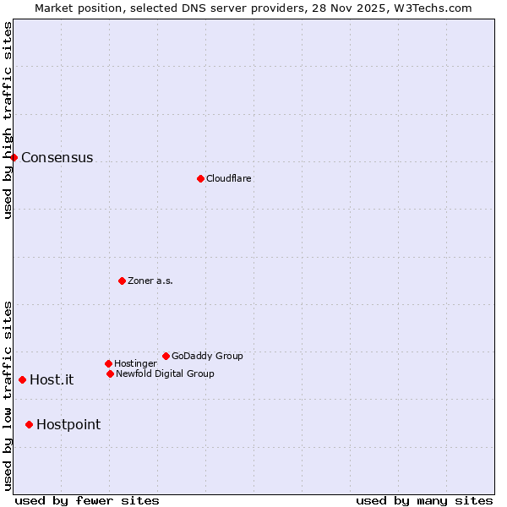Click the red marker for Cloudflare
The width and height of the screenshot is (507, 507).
point(200,178)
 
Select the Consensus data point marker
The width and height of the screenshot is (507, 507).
point(14,157)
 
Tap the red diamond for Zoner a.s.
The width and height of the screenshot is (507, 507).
point(122,281)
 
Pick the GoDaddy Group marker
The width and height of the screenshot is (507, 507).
point(166,356)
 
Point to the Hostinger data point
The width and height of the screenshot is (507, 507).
point(108,363)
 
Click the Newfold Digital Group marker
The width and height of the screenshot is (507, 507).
point(110,373)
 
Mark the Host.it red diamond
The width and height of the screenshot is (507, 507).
point(22,379)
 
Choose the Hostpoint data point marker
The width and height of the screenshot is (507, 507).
point(29,424)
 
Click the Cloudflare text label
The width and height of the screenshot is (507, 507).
point(228,178)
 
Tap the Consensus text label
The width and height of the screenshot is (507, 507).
point(57,158)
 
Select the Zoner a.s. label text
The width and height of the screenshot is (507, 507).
point(150,281)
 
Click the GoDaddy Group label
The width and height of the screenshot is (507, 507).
point(207,356)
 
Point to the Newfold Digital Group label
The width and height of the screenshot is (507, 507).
point(165,373)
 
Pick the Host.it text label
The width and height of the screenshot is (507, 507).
point(52,380)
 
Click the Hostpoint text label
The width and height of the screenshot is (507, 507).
point(68,425)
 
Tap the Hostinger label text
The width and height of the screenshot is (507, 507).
point(135,363)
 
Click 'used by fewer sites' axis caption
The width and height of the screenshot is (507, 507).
point(87,500)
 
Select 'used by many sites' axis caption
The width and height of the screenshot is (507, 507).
point(424,500)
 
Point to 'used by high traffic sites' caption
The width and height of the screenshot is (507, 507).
point(8,120)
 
